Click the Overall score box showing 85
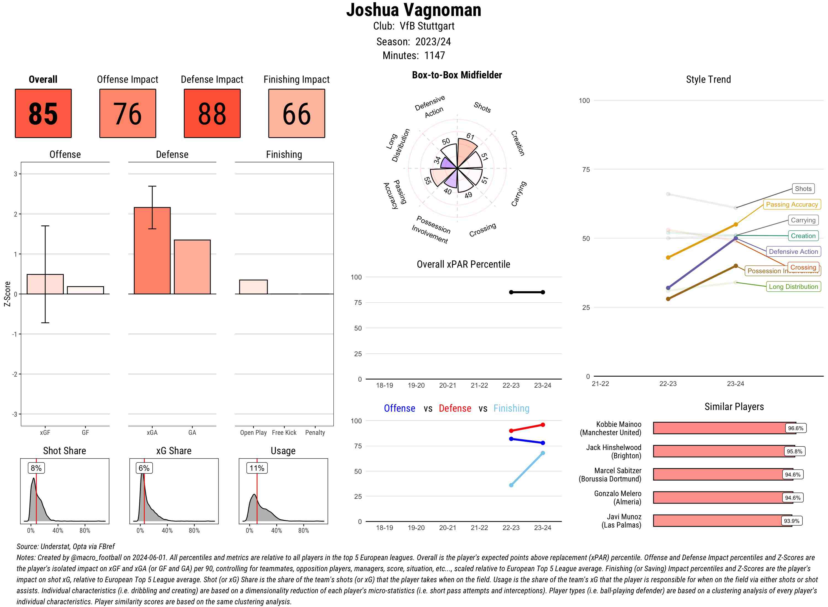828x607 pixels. [x=43, y=113]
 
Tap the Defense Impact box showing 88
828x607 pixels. [x=212, y=113]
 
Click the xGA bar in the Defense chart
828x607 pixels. [x=152, y=251]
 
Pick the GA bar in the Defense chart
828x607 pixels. [x=192, y=267]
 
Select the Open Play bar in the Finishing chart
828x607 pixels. [x=253, y=287]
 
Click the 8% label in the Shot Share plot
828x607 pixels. [x=36, y=468]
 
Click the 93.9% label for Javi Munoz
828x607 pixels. [x=791, y=521]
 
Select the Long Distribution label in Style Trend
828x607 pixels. [x=793, y=287]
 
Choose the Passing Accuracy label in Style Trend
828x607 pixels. [x=792, y=204]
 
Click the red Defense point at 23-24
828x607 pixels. [x=542, y=425]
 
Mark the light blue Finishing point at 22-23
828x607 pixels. [x=511, y=485]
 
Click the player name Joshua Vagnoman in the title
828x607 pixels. [x=413, y=10]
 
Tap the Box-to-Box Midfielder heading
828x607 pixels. [x=457, y=75]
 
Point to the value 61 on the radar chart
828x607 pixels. [x=470, y=136]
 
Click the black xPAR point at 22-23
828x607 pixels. [x=511, y=292]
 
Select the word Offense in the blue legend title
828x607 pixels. [x=399, y=408]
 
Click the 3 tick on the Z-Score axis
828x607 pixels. [x=15, y=174]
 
